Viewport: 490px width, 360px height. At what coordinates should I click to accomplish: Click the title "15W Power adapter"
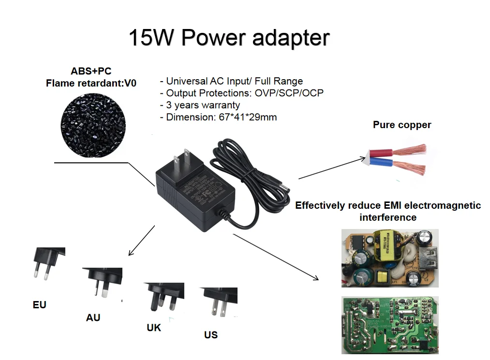click(x=229, y=38)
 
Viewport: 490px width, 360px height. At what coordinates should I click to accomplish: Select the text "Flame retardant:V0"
click(x=91, y=83)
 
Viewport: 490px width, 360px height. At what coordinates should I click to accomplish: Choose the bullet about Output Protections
click(x=241, y=93)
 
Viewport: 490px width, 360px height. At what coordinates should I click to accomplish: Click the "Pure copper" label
click(x=402, y=125)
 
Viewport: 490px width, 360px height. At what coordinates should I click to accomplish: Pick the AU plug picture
click(x=102, y=282)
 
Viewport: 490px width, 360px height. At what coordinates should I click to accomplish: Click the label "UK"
click(x=154, y=328)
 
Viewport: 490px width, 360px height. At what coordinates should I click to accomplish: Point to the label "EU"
click(x=40, y=305)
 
